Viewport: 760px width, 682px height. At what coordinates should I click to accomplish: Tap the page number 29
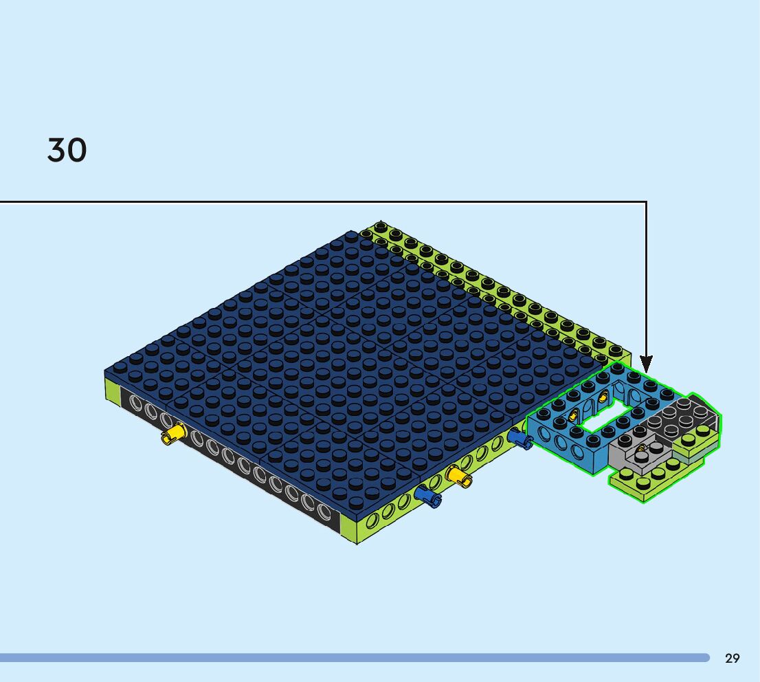[x=733, y=658]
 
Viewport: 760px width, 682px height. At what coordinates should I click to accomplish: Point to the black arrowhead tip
[x=646, y=373]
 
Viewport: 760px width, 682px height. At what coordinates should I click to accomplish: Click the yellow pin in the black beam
[x=174, y=433]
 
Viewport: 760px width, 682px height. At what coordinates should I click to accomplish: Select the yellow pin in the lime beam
[x=458, y=476]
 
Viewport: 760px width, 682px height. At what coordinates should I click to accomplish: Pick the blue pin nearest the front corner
[x=428, y=496]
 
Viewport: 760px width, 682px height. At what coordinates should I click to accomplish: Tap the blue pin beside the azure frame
[x=520, y=439]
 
